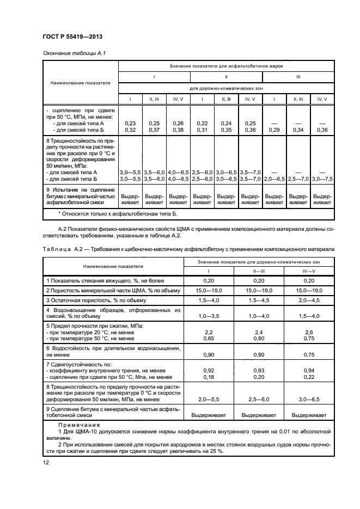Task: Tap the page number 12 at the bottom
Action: click(x=46, y=462)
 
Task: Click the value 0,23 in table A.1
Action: click(x=130, y=124)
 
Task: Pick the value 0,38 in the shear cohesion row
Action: click(x=178, y=130)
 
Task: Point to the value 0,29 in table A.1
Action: click(x=274, y=130)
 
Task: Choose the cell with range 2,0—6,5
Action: click(x=274, y=179)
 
